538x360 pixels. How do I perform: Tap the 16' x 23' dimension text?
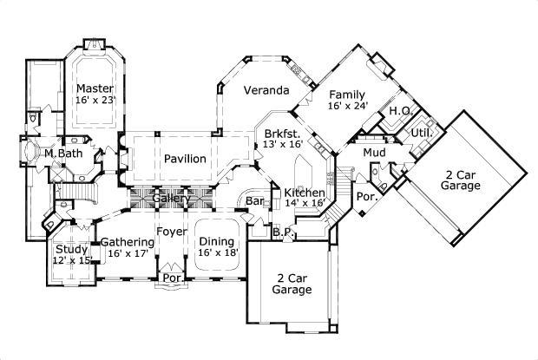point(95,101)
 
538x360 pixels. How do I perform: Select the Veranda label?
point(266,90)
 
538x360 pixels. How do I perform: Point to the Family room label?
point(346,95)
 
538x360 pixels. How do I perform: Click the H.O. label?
point(400,111)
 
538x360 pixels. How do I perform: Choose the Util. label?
point(422,133)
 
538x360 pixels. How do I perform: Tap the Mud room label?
point(375,153)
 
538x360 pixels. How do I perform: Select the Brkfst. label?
point(283,134)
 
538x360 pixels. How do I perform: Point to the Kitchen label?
point(305,192)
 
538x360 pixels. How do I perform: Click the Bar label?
point(254,201)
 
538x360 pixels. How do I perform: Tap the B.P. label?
point(281,232)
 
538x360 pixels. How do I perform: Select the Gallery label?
point(172,200)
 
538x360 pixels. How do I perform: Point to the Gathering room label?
point(128,242)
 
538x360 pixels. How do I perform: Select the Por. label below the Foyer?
point(172,278)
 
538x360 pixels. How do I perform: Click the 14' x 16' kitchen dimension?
point(305,203)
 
